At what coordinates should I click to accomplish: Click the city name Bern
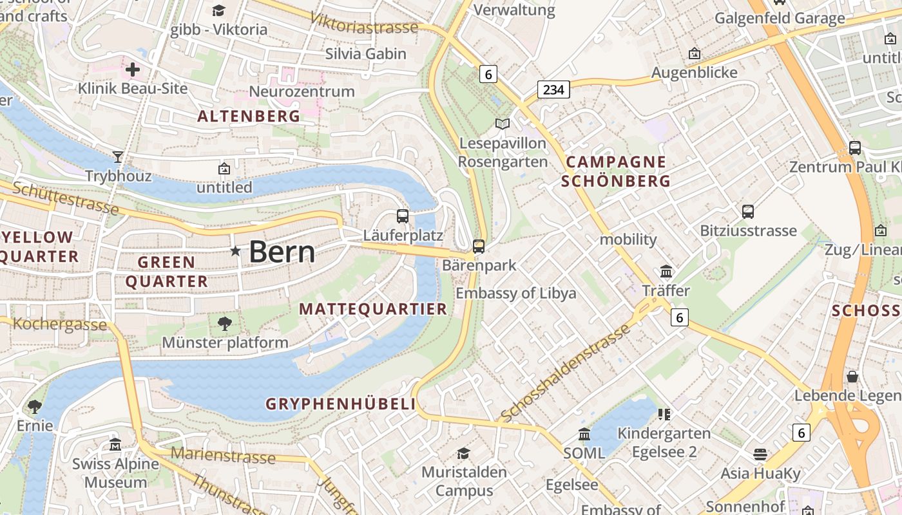pos(282,251)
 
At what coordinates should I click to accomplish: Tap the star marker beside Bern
pos(236,251)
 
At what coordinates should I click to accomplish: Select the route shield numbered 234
pos(553,89)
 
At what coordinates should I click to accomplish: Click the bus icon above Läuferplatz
pos(403,216)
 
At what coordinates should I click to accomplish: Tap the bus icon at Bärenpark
pos(479,246)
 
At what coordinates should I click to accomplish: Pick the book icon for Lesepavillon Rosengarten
pos(502,124)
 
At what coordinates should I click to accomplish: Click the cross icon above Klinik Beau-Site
pos(133,69)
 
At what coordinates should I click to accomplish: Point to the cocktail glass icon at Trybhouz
pos(118,156)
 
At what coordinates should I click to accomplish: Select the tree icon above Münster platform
pos(224,323)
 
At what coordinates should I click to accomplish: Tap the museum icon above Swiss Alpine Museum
pos(115,444)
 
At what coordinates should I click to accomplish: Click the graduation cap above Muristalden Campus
pos(463,453)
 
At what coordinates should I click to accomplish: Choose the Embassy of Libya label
pos(515,294)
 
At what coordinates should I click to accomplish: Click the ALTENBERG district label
pos(249,117)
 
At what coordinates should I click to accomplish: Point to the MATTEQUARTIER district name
pos(373,309)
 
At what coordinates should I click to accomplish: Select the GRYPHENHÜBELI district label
pos(341,404)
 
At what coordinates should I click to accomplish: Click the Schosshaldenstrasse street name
pos(564,373)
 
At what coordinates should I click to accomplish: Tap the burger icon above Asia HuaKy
pos(760,454)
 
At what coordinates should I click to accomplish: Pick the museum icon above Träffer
pos(666,272)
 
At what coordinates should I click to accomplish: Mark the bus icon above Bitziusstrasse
pos(748,211)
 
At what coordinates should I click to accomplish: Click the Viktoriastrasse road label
pos(364,24)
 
